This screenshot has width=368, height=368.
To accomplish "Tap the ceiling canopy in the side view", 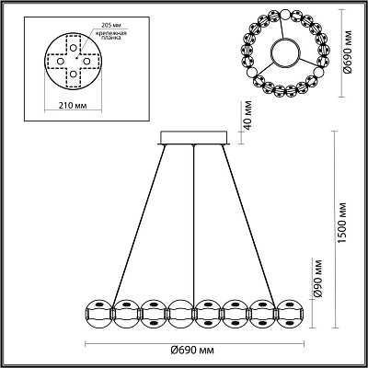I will (194, 137).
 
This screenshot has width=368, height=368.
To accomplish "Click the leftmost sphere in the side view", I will (99, 310).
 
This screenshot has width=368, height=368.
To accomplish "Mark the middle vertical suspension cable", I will (195, 221).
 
